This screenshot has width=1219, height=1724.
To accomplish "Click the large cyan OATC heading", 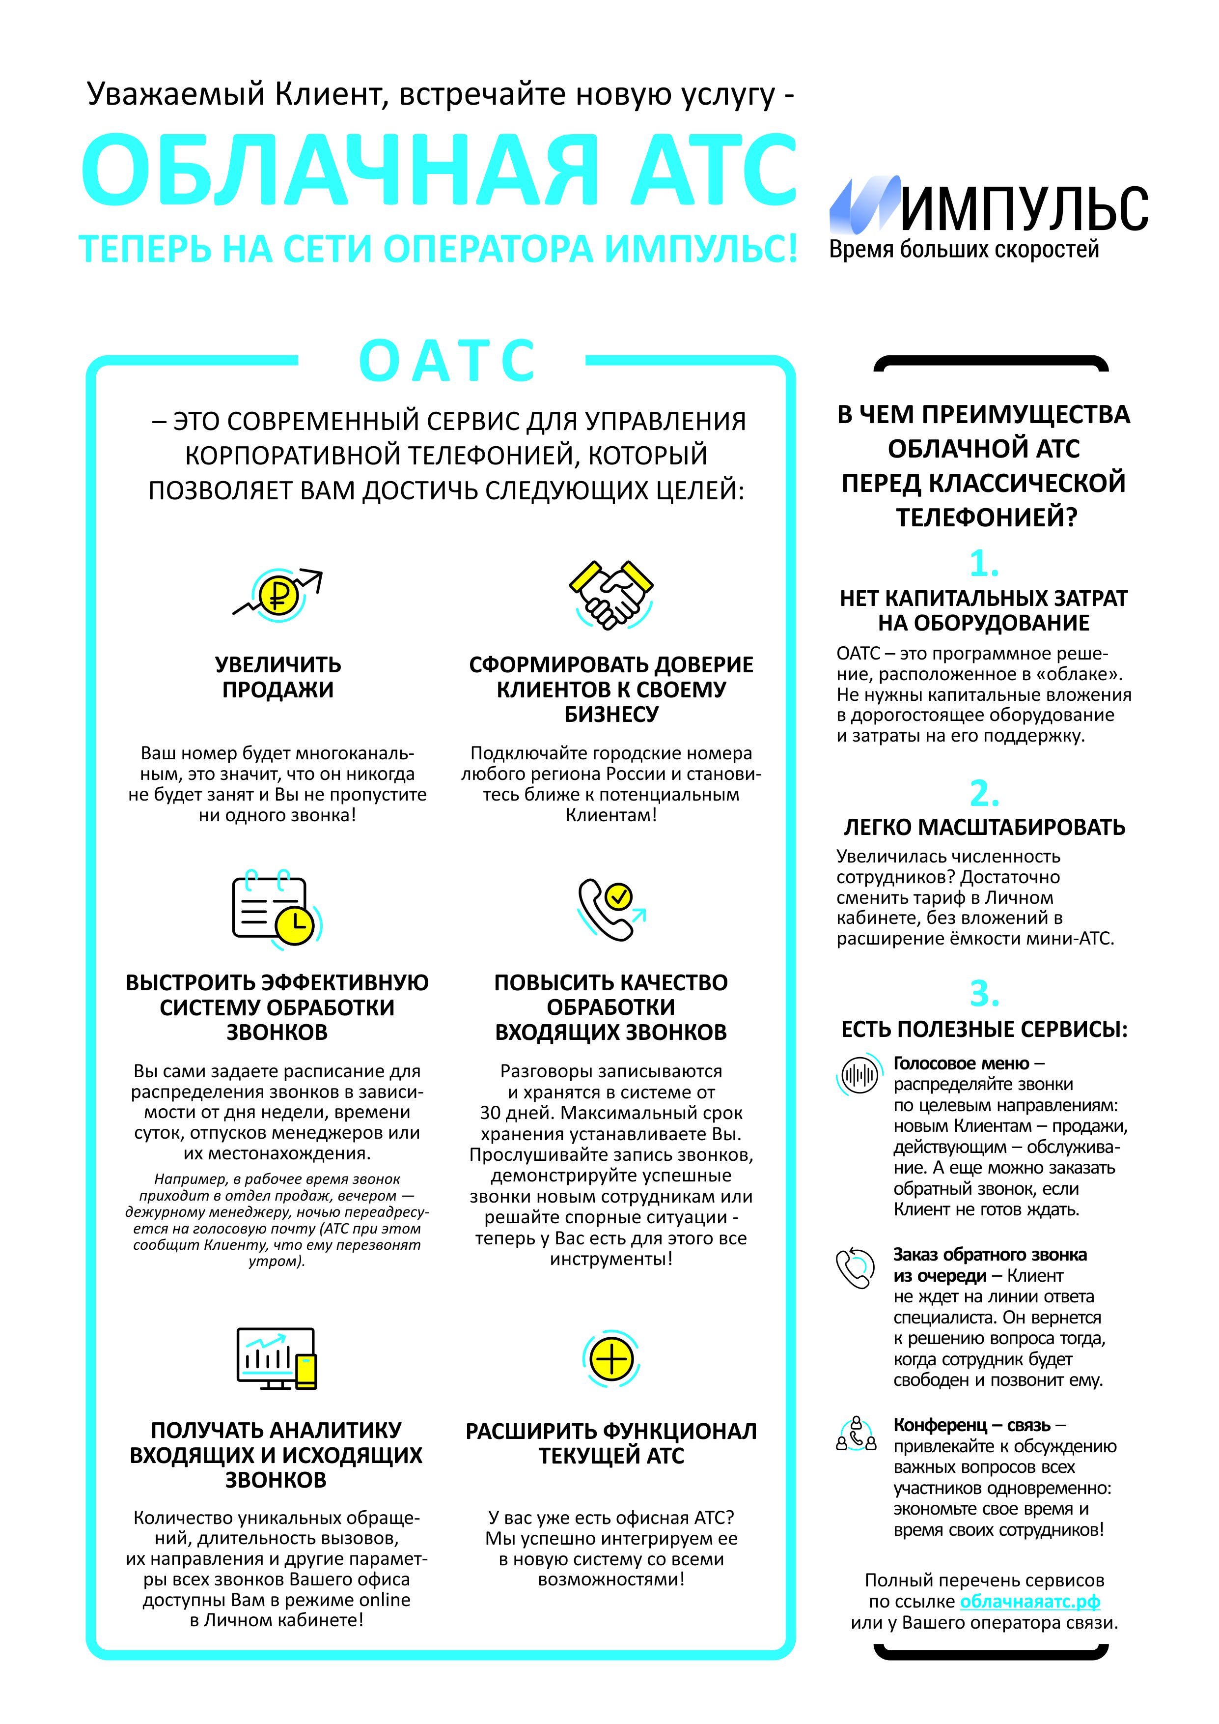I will point(447,360).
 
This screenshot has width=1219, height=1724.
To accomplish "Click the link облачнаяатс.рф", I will point(1030,1602).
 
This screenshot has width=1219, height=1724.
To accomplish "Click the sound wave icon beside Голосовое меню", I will point(859,1075).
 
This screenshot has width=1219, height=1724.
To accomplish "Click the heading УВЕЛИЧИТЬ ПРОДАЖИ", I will point(277,677).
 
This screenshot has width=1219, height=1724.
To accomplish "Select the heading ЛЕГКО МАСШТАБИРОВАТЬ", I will point(984,828).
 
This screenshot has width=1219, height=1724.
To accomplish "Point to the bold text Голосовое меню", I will point(961,1063).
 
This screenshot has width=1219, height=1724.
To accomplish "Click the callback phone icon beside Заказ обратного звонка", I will point(856,1268).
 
